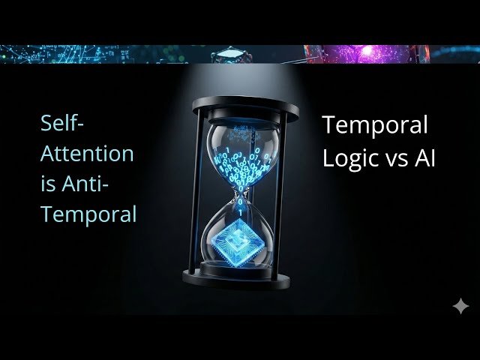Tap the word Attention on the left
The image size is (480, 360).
[x=87, y=154]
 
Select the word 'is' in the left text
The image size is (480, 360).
[x=48, y=184]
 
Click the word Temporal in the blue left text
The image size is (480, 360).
[x=88, y=214]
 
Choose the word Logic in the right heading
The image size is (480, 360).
[x=349, y=158]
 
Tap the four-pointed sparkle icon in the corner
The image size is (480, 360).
[x=460, y=306]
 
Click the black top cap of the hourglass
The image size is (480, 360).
[x=235, y=106]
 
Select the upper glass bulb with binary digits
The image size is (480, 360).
[x=238, y=154]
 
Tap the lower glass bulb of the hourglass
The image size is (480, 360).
[x=239, y=236]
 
